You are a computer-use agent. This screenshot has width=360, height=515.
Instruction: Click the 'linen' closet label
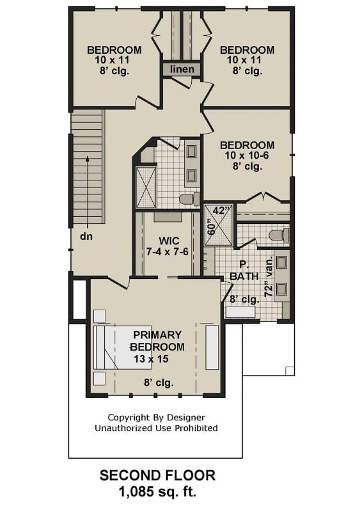[182, 68]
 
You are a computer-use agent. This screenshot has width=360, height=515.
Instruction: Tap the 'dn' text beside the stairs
[86, 236]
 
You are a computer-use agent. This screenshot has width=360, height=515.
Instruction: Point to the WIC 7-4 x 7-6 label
[167, 246]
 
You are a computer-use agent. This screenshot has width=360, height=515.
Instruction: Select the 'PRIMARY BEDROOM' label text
[157, 340]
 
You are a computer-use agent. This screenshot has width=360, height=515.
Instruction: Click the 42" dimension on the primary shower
[221, 210]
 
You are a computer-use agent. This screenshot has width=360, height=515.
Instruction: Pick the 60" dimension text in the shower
[210, 228]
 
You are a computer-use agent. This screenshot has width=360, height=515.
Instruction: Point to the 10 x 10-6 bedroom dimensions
[247, 156]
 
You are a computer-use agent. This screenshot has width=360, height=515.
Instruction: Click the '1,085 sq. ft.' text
[157, 492]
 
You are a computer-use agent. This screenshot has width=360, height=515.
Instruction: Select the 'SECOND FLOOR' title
[157, 475]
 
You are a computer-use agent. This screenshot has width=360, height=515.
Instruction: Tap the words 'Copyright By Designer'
[156, 416]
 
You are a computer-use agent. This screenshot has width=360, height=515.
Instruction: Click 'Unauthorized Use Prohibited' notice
[156, 428]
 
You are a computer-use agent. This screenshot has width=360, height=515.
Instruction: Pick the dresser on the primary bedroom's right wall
[212, 347]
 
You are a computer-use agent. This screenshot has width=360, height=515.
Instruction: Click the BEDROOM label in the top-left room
[114, 50]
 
